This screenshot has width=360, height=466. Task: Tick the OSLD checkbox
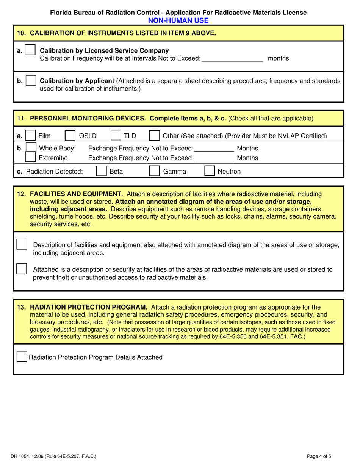70,136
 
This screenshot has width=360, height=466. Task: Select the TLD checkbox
116,136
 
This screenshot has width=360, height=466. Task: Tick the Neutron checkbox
210,171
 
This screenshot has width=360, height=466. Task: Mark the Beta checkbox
101,171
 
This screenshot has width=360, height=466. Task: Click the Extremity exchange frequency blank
214,158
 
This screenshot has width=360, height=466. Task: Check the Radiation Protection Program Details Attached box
22,357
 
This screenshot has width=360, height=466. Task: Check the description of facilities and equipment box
22,244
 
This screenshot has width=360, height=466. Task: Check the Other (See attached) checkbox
155,136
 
